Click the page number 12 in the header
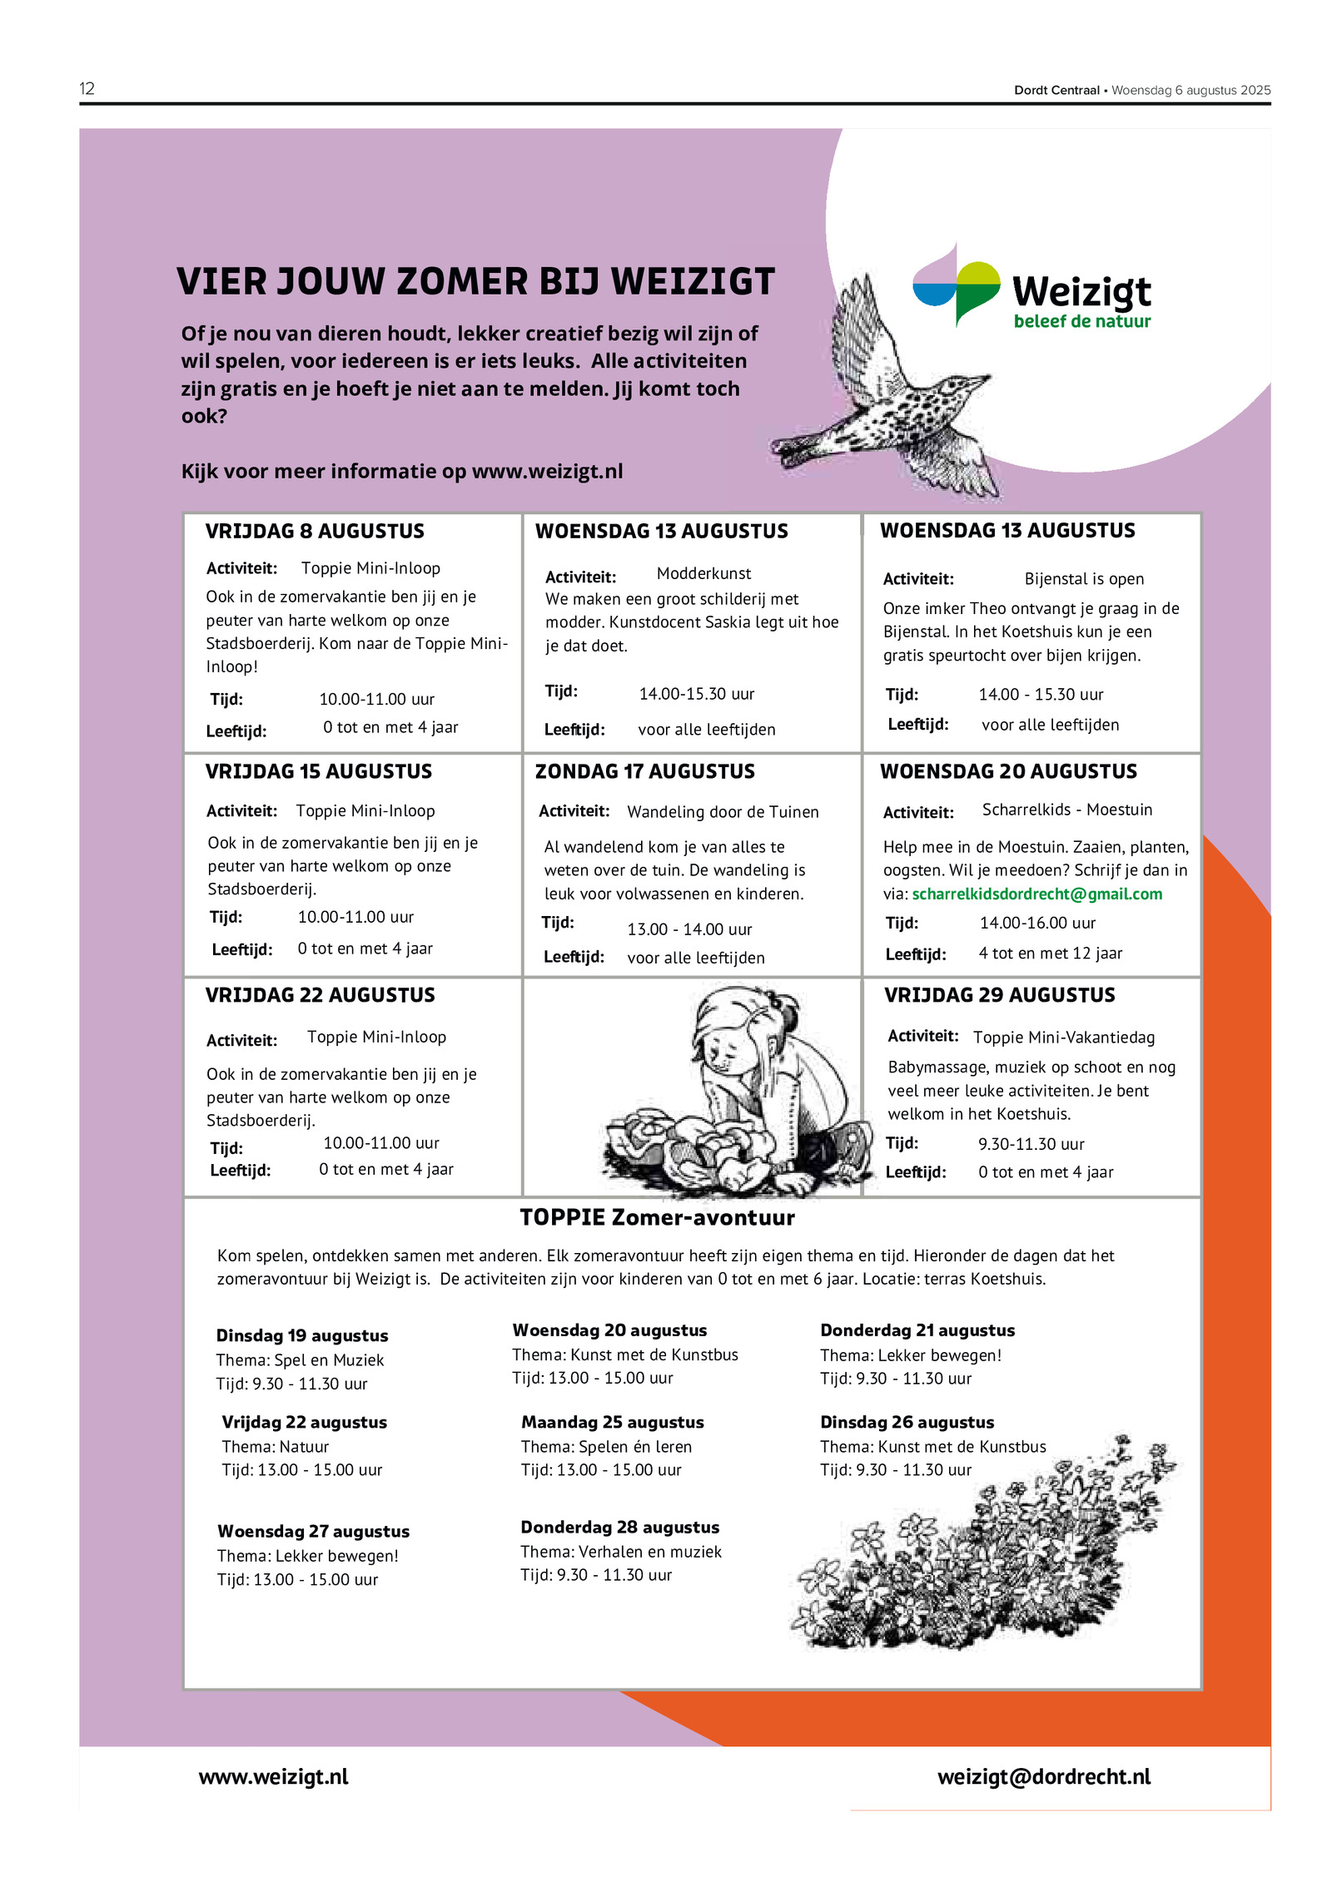click(87, 89)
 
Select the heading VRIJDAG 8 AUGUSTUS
click(315, 531)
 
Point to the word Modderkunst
click(703, 573)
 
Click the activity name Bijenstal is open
click(1084, 579)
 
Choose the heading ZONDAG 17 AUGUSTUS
click(644, 771)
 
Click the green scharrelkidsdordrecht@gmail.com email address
click(1036, 894)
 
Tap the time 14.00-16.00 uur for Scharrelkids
click(1037, 923)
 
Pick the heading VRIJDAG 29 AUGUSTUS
click(999, 995)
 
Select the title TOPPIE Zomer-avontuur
click(657, 1217)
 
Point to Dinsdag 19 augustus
click(301, 1335)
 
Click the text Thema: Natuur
click(275, 1446)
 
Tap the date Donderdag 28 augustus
click(619, 1527)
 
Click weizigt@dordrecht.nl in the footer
click(1043, 1776)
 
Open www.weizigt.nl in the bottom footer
click(273, 1776)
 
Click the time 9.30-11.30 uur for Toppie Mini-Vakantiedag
click(1031, 1144)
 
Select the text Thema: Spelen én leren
click(606, 1446)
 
